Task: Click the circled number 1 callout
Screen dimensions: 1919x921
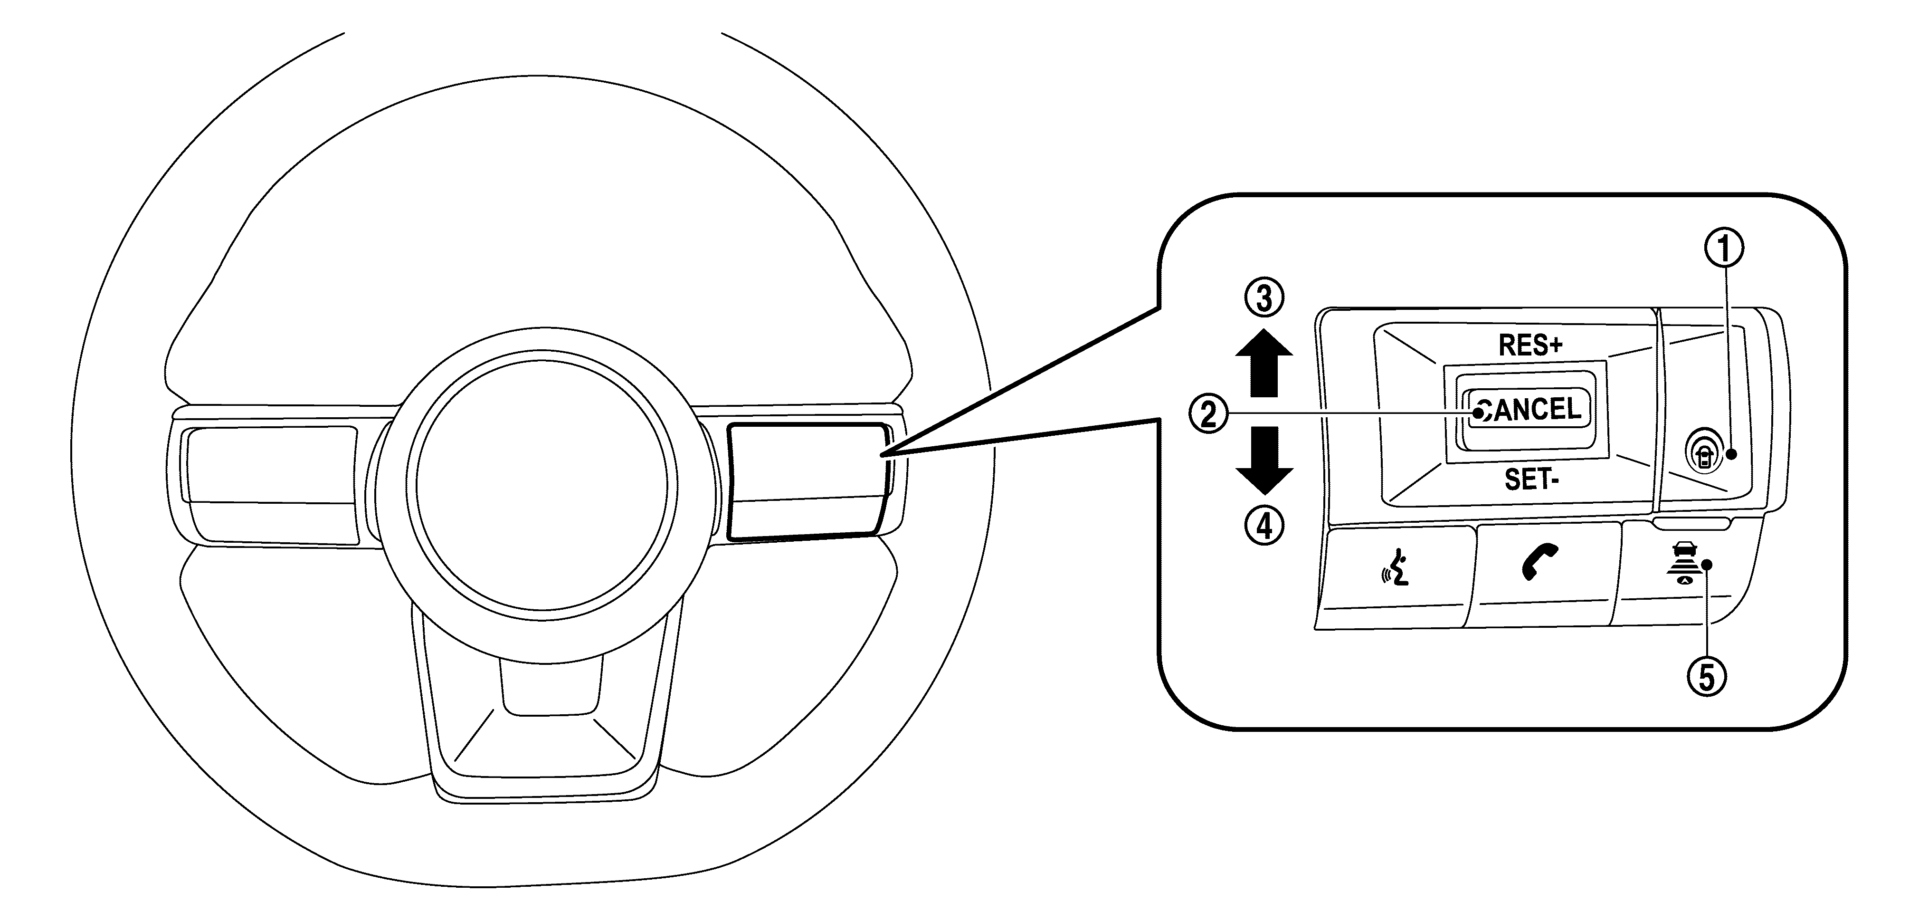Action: pyautogui.click(x=1725, y=249)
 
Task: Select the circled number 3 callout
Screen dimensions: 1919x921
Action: pyautogui.click(x=1264, y=298)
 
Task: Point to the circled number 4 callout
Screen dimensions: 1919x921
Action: pyautogui.click(x=1264, y=528)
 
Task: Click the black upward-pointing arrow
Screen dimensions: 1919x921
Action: pyautogui.click(x=1264, y=363)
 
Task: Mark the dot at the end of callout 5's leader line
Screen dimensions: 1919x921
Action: pyautogui.click(x=1707, y=585)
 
